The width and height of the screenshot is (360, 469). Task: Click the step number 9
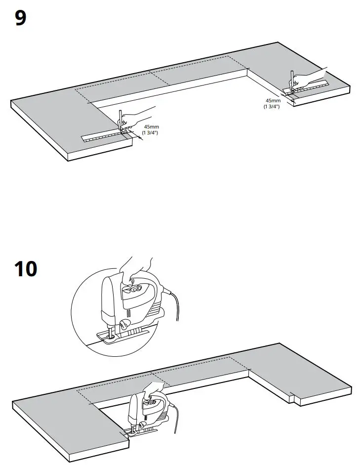[20, 19]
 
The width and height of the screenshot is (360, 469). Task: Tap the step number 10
[25, 269]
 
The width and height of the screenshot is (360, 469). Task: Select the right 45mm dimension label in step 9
[273, 100]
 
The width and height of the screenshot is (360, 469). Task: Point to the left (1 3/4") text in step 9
[150, 133]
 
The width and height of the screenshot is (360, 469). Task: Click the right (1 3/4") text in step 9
[272, 106]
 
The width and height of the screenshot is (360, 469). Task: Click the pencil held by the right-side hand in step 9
[292, 80]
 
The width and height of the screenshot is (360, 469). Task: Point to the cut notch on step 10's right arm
[295, 395]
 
